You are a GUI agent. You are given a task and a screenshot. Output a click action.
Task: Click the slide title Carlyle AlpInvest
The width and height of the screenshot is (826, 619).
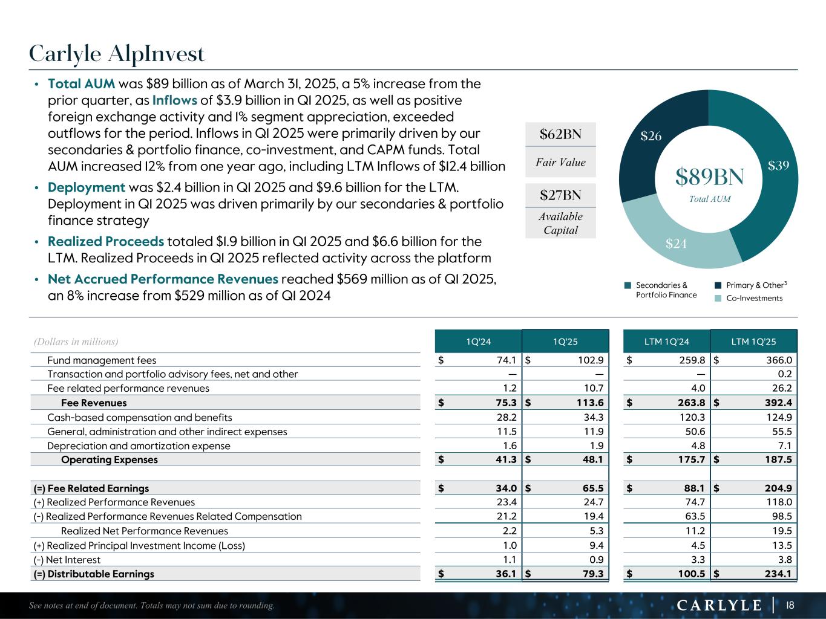click(117, 54)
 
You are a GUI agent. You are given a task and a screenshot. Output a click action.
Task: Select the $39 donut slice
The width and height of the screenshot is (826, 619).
click(778, 166)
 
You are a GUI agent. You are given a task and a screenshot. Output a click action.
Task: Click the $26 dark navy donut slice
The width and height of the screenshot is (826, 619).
click(651, 137)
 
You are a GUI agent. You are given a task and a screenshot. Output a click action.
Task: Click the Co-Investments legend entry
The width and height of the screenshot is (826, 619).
click(754, 298)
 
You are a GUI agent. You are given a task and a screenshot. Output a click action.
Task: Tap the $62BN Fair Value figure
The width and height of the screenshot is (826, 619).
click(560, 134)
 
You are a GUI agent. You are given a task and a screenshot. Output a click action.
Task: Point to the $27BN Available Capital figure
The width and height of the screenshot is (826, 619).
click(560, 195)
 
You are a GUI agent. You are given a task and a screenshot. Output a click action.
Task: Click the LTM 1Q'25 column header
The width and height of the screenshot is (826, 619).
click(753, 342)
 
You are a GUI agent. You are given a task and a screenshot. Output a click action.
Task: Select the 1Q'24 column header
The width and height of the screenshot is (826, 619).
click(478, 342)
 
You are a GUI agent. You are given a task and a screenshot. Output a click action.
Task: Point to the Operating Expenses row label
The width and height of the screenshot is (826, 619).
click(109, 459)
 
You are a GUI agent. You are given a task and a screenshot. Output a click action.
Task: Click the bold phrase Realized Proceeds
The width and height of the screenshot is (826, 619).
click(106, 242)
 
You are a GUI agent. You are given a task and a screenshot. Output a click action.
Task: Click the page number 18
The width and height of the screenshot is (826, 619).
click(790, 605)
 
